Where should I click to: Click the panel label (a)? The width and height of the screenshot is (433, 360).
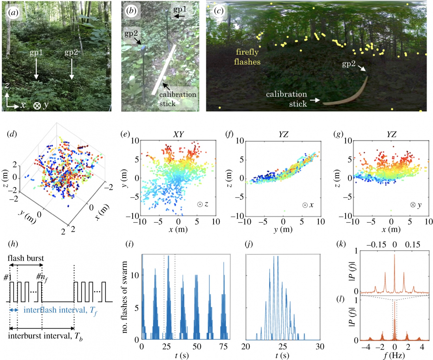(13, 12)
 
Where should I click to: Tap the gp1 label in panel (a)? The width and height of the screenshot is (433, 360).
(36, 53)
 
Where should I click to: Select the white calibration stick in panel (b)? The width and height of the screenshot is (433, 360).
(163, 70)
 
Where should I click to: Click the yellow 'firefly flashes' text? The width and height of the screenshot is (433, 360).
(247, 57)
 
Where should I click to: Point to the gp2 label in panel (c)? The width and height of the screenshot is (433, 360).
(349, 64)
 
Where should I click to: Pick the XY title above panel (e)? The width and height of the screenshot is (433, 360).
(178, 134)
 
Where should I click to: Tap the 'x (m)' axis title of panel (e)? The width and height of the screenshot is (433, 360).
(178, 229)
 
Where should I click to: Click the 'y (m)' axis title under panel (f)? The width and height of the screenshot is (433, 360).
(283, 229)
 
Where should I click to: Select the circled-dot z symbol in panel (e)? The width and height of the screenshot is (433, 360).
(200, 205)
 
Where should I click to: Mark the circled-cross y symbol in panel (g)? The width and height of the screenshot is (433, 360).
(413, 205)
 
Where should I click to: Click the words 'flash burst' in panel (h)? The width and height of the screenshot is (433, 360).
(26, 258)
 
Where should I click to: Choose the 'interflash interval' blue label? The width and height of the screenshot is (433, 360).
(55, 310)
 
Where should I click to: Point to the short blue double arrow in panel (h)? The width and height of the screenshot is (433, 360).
(14, 310)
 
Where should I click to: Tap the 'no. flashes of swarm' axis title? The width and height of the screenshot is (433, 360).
(124, 297)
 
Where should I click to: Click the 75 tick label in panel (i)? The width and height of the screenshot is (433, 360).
(223, 347)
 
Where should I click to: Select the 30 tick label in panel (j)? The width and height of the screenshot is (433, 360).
(320, 347)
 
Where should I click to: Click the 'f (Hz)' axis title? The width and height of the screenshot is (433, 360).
(394, 355)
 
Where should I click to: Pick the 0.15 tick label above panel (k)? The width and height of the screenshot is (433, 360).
(412, 245)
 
